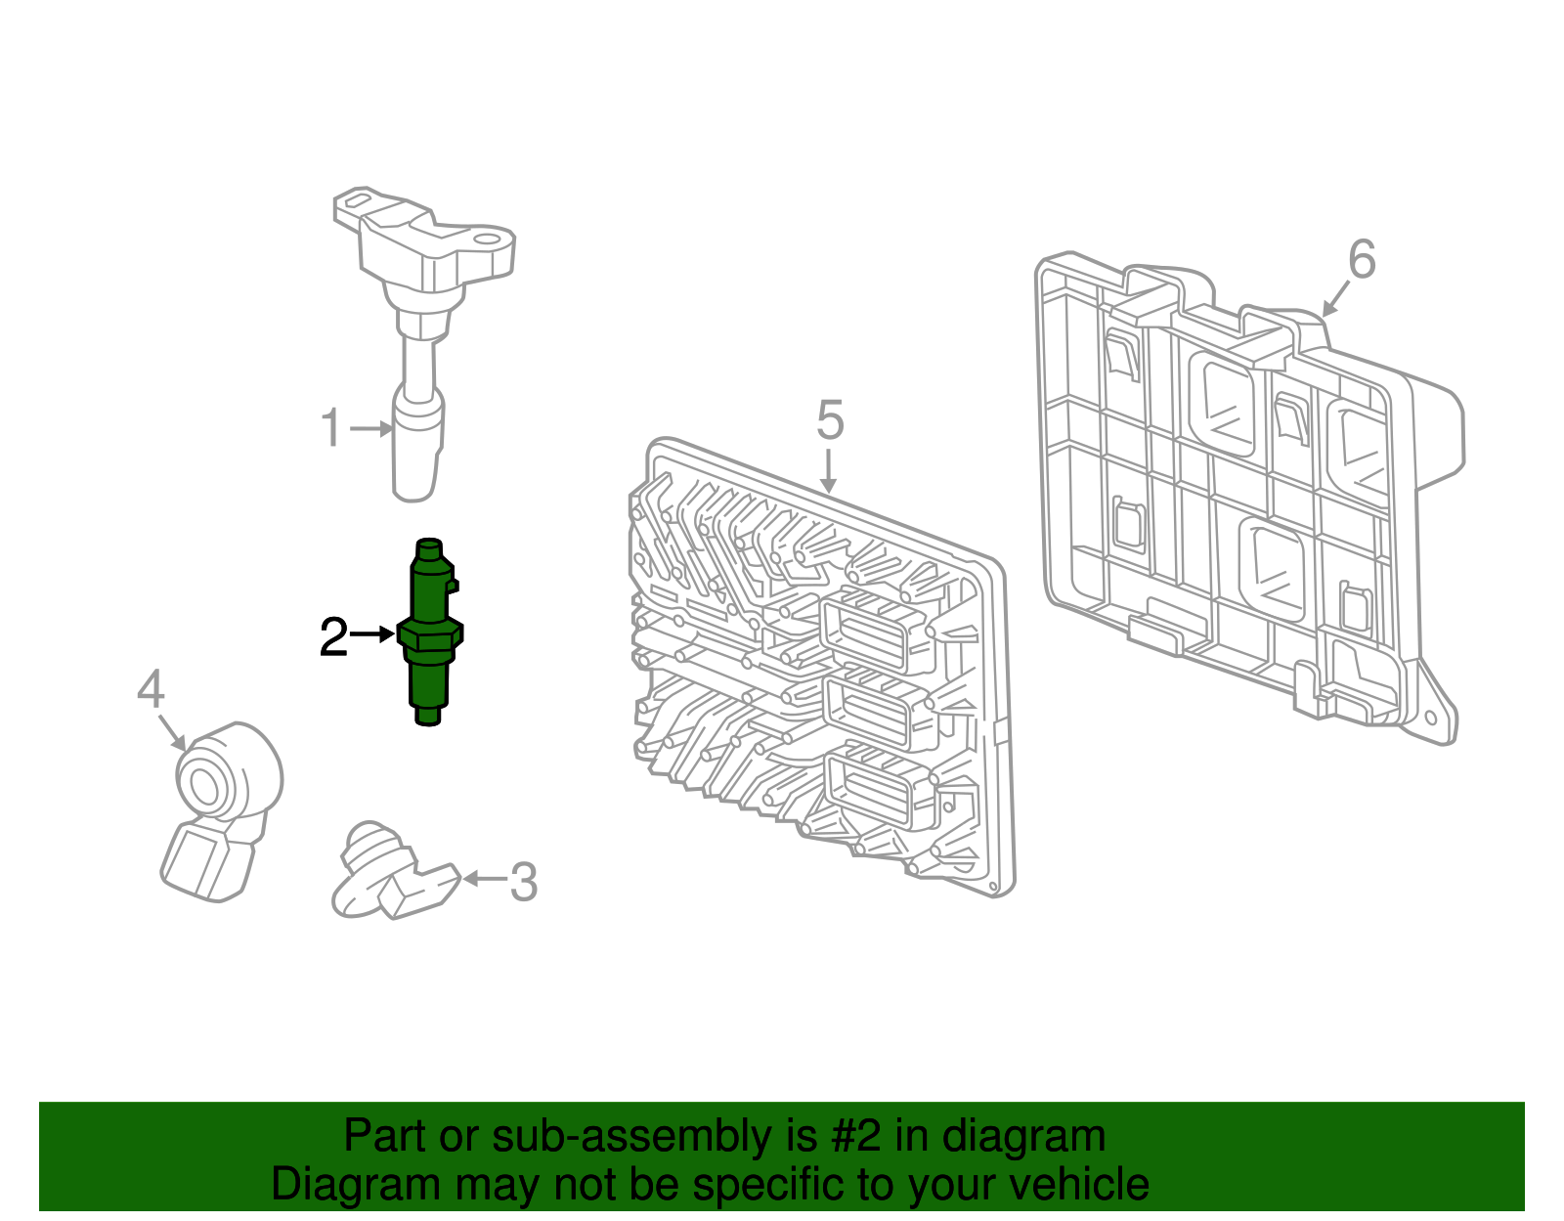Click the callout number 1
coord(332,429)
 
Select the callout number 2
coord(333,637)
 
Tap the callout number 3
coord(524,882)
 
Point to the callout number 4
coord(151,690)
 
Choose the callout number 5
coord(829,420)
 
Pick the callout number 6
coord(1362,260)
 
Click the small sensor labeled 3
coord(391,873)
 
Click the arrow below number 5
coord(829,471)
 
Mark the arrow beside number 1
coord(372,428)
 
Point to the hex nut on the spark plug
coord(430,637)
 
